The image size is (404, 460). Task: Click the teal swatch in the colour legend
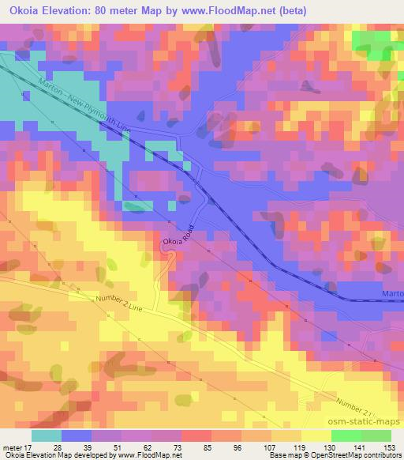tap(47, 435)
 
